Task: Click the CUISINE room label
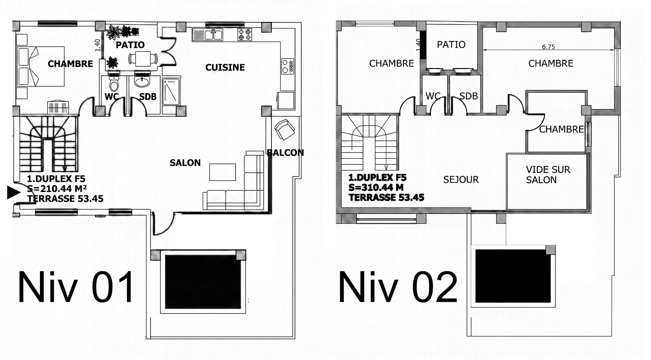tap(225, 68)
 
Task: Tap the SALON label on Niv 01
tap(185, 163)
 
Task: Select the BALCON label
tap(285, 153)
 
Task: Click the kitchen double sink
tap(208, 35)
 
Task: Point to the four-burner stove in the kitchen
tap(245, 34)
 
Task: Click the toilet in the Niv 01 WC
tap(114, 83)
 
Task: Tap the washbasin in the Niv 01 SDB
tap(142, 81)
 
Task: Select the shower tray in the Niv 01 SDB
tap(171, 92)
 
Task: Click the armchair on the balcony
tap(284, 130)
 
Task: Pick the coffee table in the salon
tap(223, 172)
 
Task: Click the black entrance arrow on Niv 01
tap(14, 192)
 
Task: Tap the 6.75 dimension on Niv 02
tap(548, 47)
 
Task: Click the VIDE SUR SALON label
tap(548, 175)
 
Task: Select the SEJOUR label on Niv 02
tap(461, 179)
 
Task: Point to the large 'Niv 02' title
tap(398, 287)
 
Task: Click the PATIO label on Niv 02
tap(451, 44)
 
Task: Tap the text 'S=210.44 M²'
tap(57, 189)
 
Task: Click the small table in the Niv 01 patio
tap(143, 59)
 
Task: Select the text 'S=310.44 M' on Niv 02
tap(376, 188)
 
